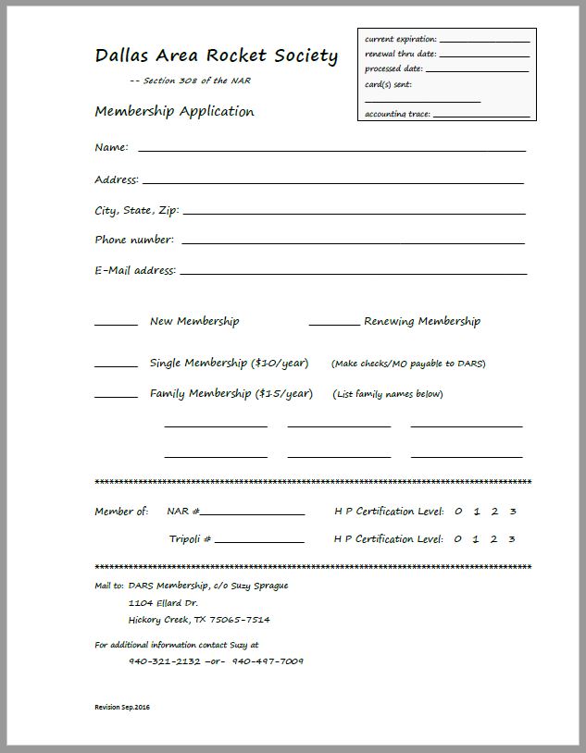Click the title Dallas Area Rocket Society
216,56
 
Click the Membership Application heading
174,112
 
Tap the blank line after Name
331,148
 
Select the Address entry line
333,181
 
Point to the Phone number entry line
354,242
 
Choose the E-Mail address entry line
354,273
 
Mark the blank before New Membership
116,324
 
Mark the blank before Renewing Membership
333,324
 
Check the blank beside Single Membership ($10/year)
116,365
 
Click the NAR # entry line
252,513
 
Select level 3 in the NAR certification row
513,512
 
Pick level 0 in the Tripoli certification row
458,539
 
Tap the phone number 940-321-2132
165,661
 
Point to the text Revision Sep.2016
122,708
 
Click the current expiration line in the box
484,42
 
